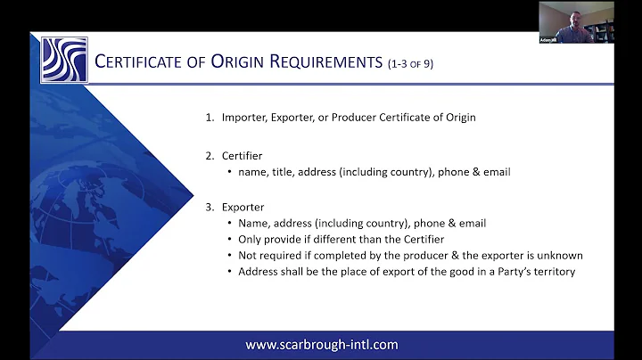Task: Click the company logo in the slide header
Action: (64, 60)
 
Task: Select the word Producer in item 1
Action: (346, 116)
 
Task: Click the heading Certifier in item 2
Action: (242, 155)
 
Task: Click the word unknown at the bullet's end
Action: (560, 255)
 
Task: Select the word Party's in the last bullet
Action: (511, 271)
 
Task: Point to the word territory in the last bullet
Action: (554, 271)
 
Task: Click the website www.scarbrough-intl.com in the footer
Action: (322, 344)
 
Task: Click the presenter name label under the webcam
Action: (547, 39)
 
